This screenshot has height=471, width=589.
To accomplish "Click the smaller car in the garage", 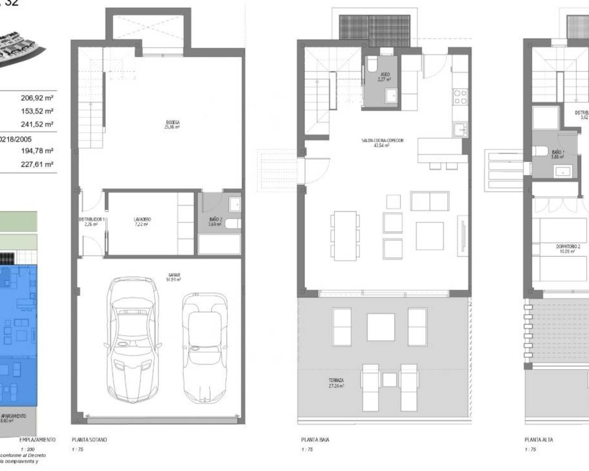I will click(x=205, y=347).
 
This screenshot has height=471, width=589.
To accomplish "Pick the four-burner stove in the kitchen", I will click(x=460, y=97).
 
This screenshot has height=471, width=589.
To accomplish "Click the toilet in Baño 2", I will click(x=234, y=224).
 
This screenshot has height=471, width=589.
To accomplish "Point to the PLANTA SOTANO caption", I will click(x=89, y=440).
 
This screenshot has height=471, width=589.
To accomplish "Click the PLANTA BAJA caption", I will click(x=315, y=440).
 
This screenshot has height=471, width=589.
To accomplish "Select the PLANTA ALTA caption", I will click(x=539, y=440).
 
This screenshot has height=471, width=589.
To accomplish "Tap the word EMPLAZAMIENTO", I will click(x=37, y=440).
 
